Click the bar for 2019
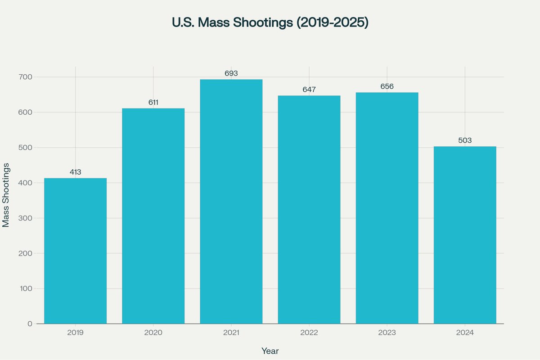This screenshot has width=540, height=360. (75, 251)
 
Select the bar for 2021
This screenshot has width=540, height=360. (231, 202)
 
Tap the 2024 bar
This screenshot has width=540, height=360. (465, 235)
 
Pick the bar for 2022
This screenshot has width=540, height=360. (309, 210)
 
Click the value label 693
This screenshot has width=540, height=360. (231, 73)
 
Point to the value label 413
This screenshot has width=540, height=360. (75, 172)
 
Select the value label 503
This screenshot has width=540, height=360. (465, 140)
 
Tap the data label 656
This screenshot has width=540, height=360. (387, 86)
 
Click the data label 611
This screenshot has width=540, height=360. (153, 103)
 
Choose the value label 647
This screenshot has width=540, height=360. (309, 90)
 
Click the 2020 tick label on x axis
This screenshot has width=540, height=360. (153, 333)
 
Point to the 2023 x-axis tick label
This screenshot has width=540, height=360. (387, 333)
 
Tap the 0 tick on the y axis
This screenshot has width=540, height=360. (30, 324)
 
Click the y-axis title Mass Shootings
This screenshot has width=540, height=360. (6, 195)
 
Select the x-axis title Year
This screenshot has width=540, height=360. (270, 351)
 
